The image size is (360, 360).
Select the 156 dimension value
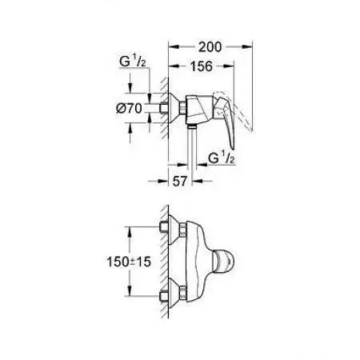pos(202,67)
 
